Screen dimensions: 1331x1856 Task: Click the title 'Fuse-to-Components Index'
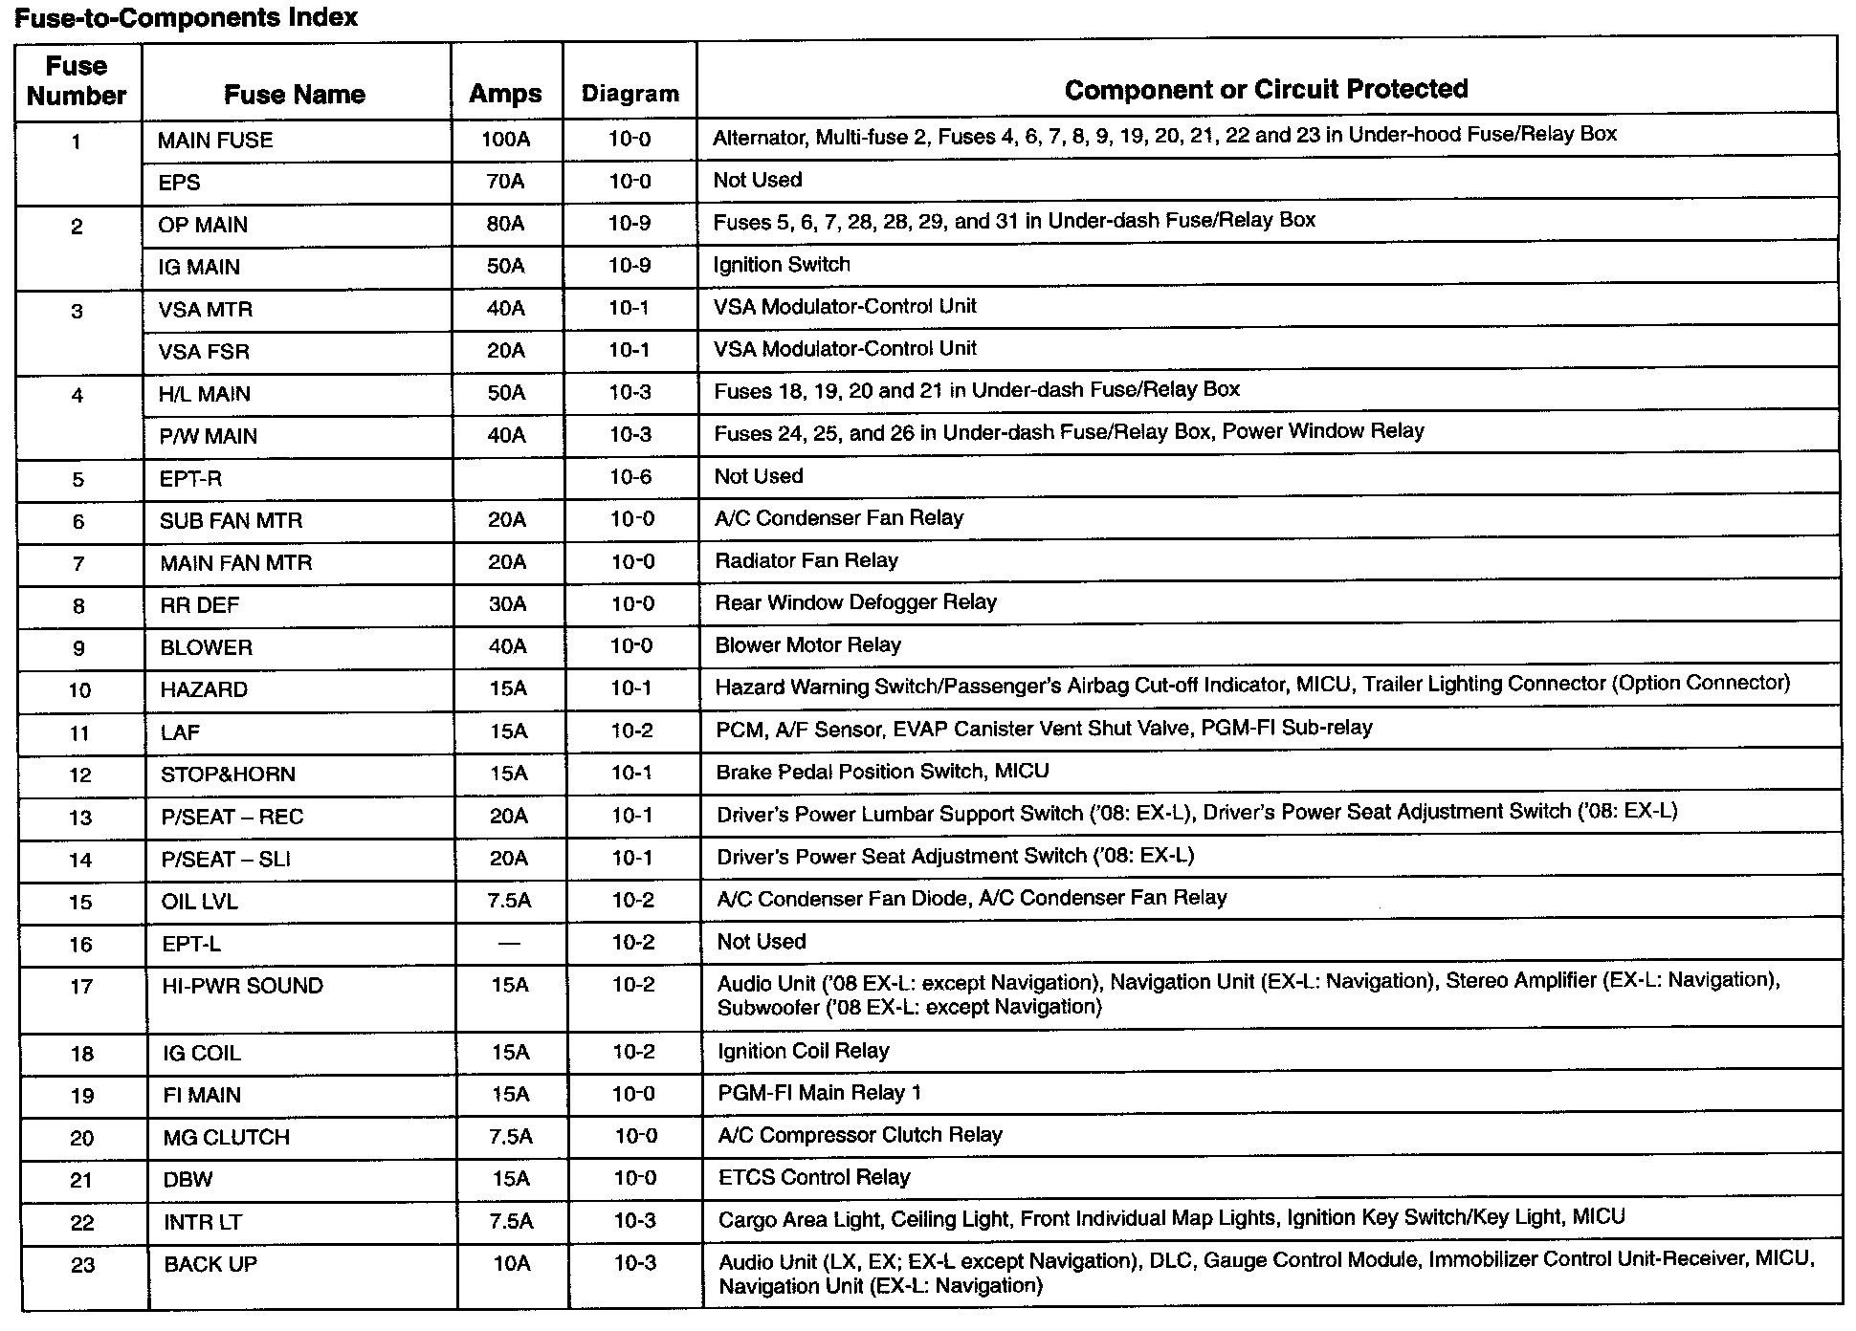(x=186, y=17)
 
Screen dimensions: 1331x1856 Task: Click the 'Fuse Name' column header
(x=295, y=94)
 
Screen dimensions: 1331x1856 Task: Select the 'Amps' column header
(x=505, y=94)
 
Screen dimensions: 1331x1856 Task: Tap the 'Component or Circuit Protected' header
(x=1266, y=89)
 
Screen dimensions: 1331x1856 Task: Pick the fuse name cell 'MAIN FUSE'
(x=215, y=141)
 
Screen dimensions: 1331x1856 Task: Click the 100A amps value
(x=505, y=140)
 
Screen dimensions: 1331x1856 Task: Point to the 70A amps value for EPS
(x=505, y=182)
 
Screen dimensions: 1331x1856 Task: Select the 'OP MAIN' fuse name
(x=203, y=225)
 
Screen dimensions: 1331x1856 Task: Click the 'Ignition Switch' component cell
(x=782, y=265)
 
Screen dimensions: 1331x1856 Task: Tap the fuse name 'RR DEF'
(x=200, y=605)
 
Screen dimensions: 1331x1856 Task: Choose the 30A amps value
(x=507, y=604)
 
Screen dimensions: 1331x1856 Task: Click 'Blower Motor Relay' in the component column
(x=808, y=645)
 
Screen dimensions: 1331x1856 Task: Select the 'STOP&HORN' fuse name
(x=228, y=775)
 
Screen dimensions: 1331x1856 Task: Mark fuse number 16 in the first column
(x=81, y=945)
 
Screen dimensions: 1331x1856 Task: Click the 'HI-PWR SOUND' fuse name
(x=243, y=986)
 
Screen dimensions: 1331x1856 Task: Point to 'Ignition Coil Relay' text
(x=804, y=1051)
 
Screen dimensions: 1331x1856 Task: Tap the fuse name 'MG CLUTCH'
(x=226, y=1138)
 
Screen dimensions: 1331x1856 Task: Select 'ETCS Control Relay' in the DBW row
(x=814, y=1177)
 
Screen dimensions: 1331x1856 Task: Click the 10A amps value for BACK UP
(x=512, y=1264)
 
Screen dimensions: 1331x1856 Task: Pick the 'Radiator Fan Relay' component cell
(x=806, y=560)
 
